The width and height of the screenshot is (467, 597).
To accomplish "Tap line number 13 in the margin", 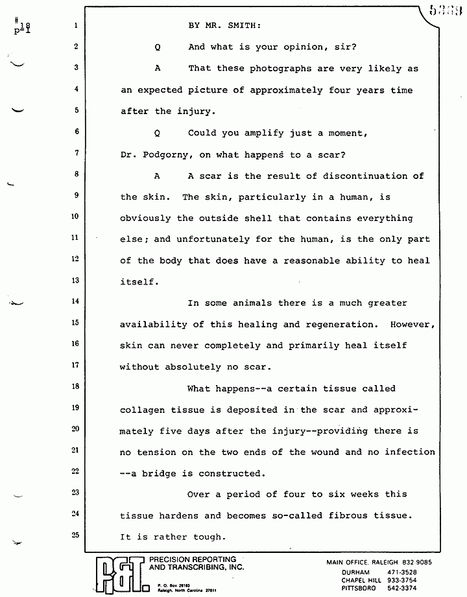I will (75, 280).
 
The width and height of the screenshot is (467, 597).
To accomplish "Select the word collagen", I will (143, 410).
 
